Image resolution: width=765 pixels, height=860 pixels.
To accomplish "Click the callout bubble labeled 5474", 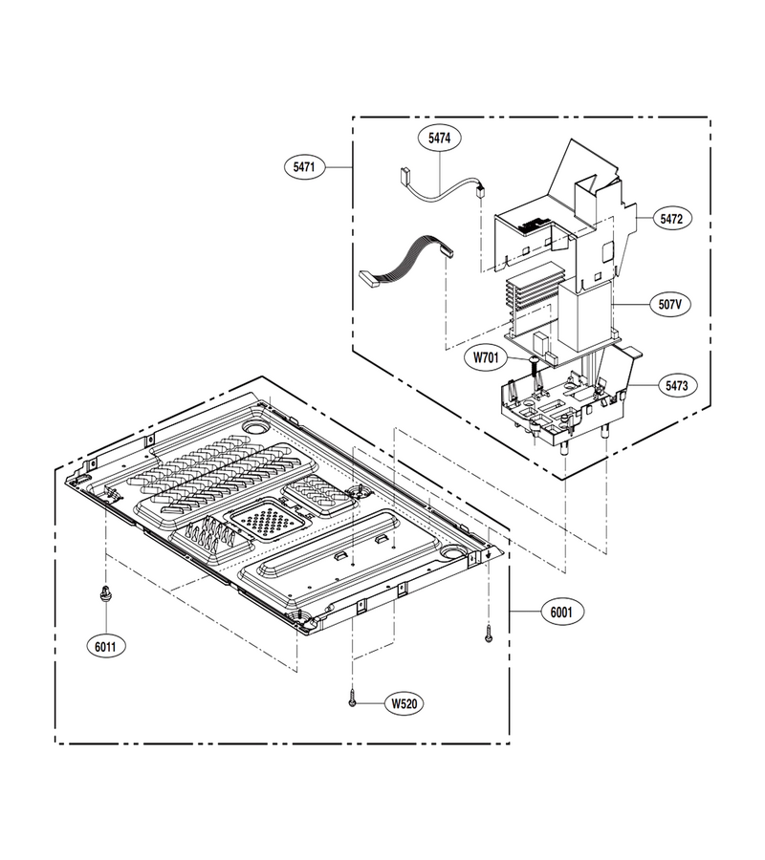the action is [x=439, y=139].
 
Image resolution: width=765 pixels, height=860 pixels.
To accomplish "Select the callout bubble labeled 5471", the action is [x=304, y=166].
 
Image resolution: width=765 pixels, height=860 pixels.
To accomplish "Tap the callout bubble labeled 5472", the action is [x=671, y=219].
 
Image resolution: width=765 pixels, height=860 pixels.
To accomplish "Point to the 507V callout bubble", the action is [x=669, y=303].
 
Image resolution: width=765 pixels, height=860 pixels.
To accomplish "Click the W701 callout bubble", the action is [x=486, y=358].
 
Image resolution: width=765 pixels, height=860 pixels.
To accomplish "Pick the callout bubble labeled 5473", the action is [x=676, y=386].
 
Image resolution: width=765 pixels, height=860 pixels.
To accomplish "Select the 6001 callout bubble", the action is [x=561, y=612].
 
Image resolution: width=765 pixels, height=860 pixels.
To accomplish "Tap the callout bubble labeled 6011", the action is [x=105, y=647].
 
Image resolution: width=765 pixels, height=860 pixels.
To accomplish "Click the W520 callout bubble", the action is [x=404, y=703].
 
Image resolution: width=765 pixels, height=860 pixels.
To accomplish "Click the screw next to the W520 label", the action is [x=352, y=699].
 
